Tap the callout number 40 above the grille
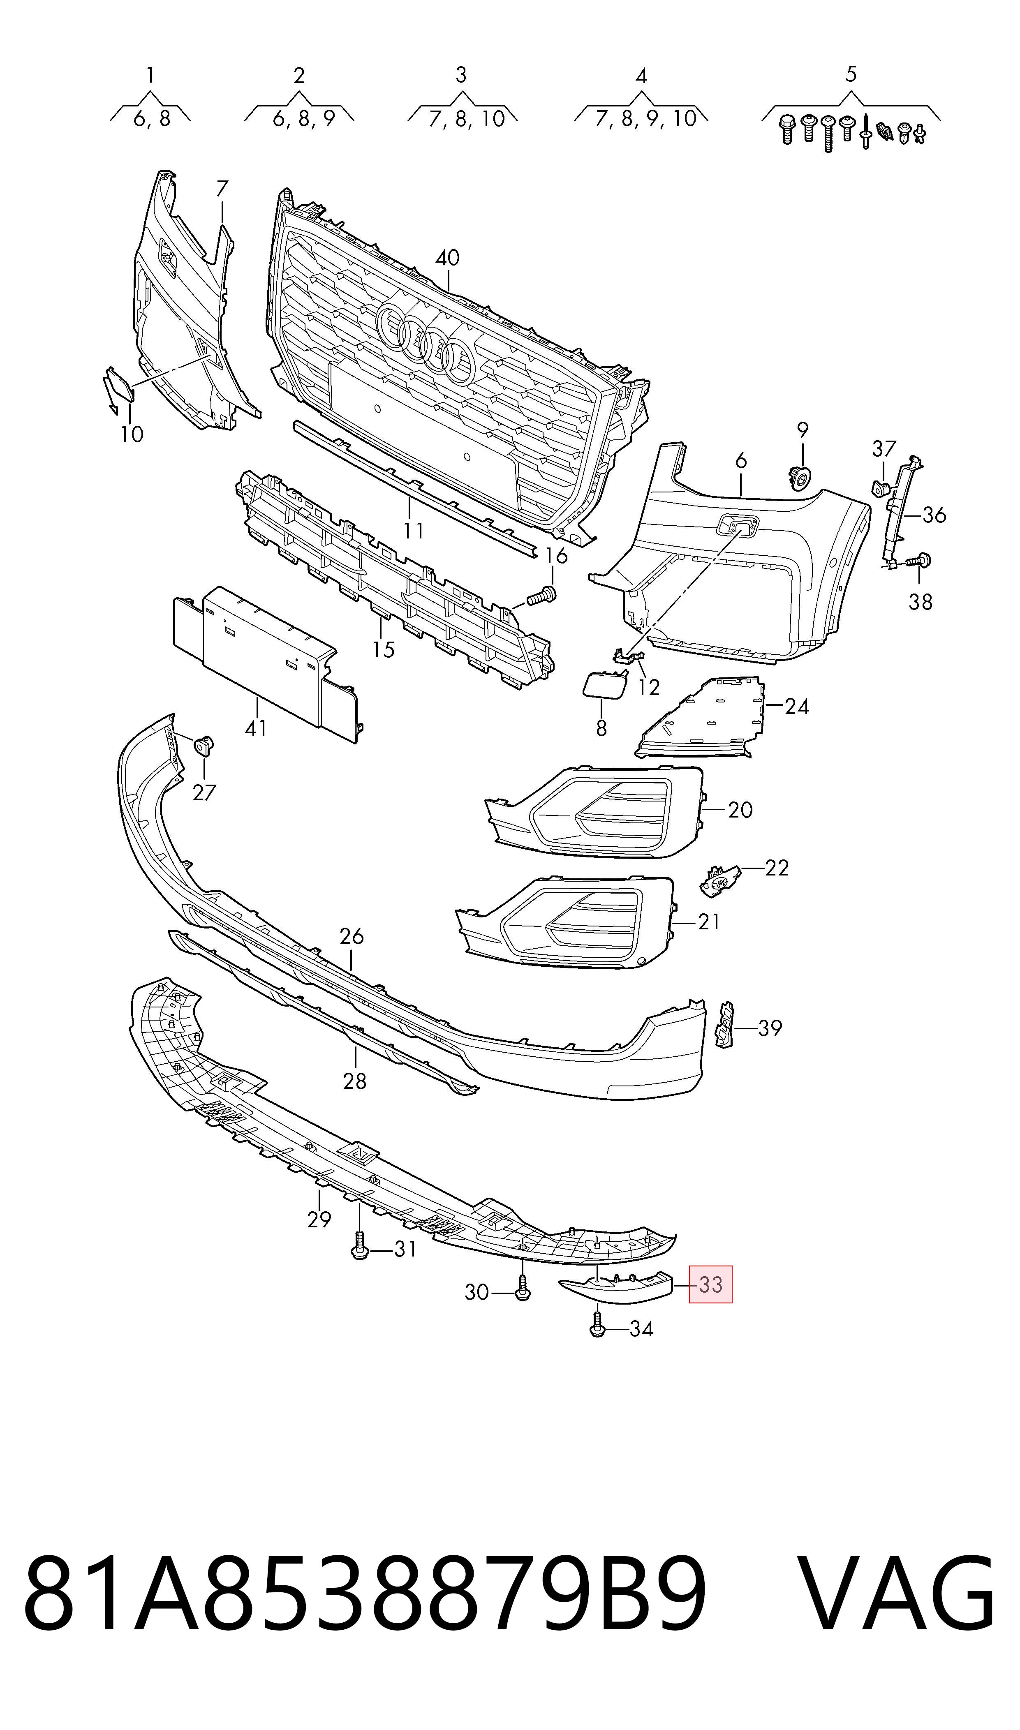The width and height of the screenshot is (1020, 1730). point(447,259)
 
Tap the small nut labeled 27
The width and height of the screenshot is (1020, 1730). point(204,744)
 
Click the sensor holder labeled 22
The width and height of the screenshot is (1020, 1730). point(719,880)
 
